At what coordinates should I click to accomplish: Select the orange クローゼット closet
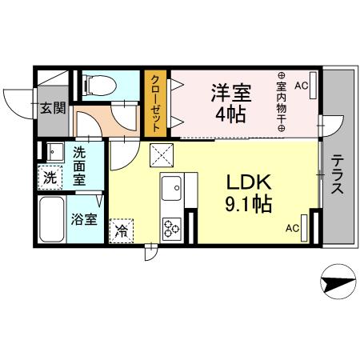(x=155, y=102)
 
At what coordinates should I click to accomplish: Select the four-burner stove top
(x=172, y=227)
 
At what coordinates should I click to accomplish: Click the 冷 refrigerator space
(x=122, y=229)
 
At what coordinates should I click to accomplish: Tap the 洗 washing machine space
(x=50, y=178)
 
